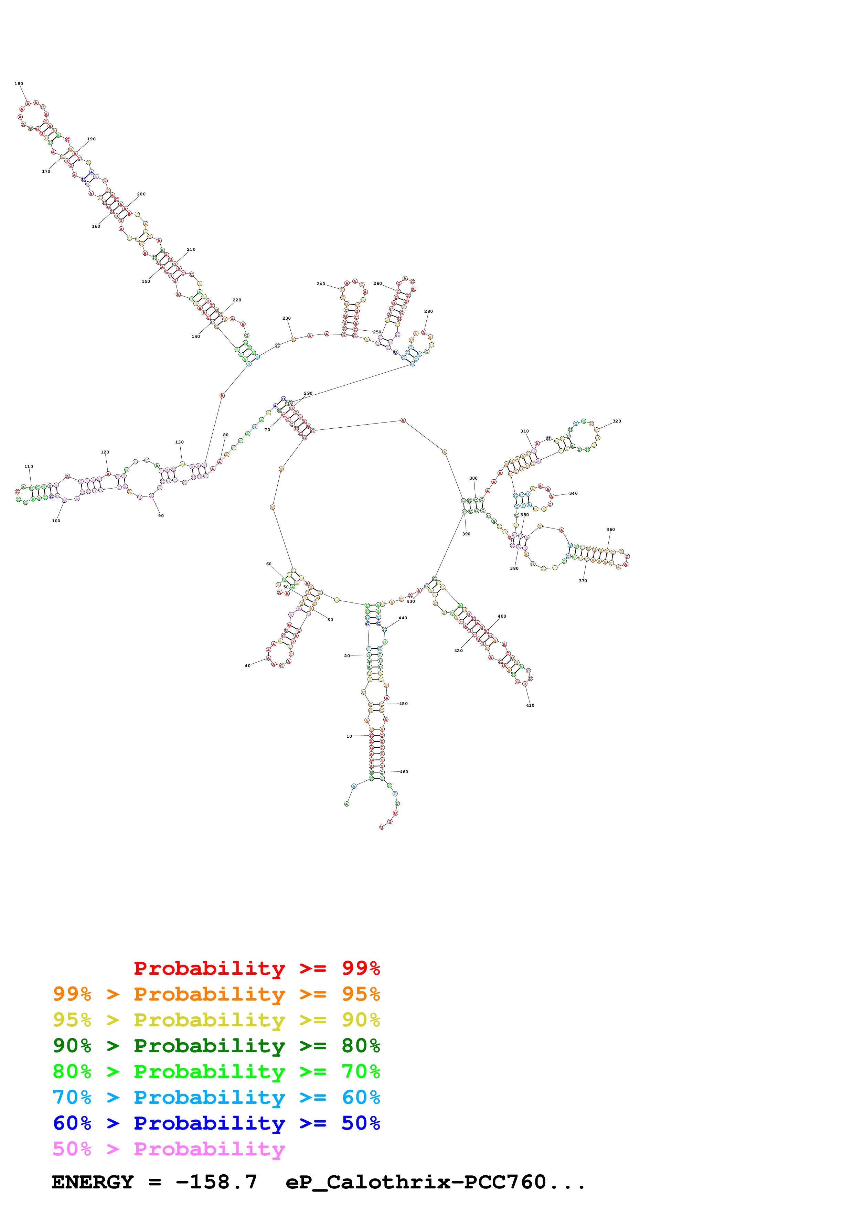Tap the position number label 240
coord(321,284)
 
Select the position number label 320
coord(617,421)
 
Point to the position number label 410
coord(530,705)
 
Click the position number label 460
coord(404,772)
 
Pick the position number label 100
coord(56,521)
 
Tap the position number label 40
coord(247,666)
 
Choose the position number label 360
coord(610,530)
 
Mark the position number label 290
coord(308,393)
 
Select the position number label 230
coord(286,318)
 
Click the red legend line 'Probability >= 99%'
coord(256,968)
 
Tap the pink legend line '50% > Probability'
coord(169,1149)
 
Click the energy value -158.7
coord(216,1182)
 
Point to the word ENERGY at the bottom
coord(93,1182)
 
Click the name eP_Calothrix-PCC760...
coord(416,1182)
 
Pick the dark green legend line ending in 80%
coord(216,1046)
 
